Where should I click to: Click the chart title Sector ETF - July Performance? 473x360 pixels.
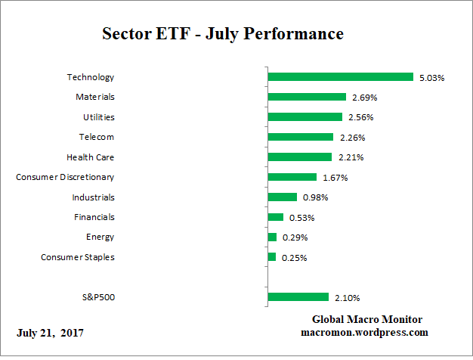pyautogui.click(x=223, y=34)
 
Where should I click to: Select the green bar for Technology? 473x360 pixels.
pyautogui.click(x=341, y=77)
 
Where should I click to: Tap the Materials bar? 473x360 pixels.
pyautogui.click(x=307, y=97)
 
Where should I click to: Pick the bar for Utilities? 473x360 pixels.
pyautogui.click(x=305, y=117)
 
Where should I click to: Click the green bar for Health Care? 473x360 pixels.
pyautogui.click(x=300, y=157)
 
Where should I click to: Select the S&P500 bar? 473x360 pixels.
pyautogui.click(x=298, y=297)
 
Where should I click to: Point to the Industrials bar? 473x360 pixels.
pyautogui.click(x=283, y=197)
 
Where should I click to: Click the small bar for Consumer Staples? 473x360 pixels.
pyautogui.click(x=272, y=257)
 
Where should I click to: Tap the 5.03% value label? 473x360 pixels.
pyautogui.click(x=431, y=77)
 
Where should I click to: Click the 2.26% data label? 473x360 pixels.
pyautogui.click(x=351, y=138)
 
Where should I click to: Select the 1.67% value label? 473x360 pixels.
pyautogui.click(x=335, y=178)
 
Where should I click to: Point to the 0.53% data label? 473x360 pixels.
pyautogui.click(x=301, y=218)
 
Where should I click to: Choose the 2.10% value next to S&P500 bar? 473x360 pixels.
pyautogui.click(x=347, y=297)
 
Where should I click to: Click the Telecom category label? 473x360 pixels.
pyautogui.click(x=97, y=137)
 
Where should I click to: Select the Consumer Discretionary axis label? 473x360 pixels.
pyautogui.click(x=66, y=177)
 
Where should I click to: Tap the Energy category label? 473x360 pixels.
pyautogui.click(x=100, y=237)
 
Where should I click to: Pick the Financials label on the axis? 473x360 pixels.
pyautogui.click(x=94, y=217)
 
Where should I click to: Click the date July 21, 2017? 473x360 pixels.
pyautogui.click(x=50, y=333)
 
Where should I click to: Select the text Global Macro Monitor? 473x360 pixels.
pyautogui.click(x=367, y=320)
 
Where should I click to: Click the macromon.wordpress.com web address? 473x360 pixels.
pyautogui.click(x=365, y=333)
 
